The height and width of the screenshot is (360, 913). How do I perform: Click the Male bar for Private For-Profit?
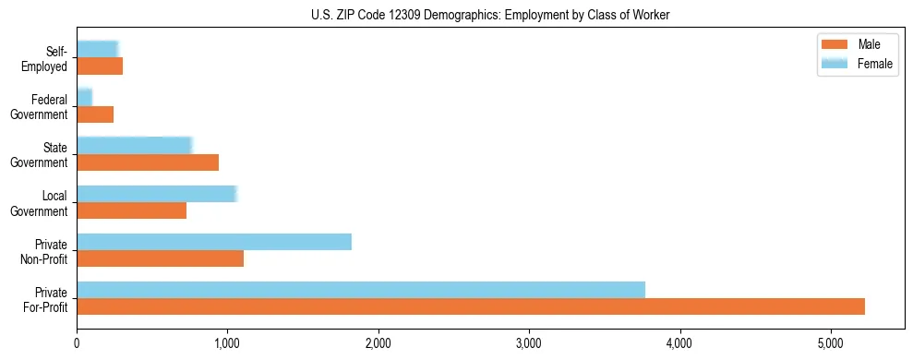[471, 306]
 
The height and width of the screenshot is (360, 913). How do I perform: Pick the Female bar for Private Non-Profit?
[214, 242]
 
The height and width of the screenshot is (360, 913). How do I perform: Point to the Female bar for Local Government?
[157, 194]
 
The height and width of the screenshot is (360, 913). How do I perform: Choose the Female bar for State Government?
[134, 146]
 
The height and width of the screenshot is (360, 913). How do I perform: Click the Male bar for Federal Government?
[95, 114]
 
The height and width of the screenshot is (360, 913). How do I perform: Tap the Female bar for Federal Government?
[85, 98]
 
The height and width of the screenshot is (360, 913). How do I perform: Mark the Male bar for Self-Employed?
[100, 66]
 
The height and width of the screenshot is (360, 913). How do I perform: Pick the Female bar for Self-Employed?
[98, 50]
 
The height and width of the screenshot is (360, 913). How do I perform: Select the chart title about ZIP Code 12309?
[490, 14]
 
